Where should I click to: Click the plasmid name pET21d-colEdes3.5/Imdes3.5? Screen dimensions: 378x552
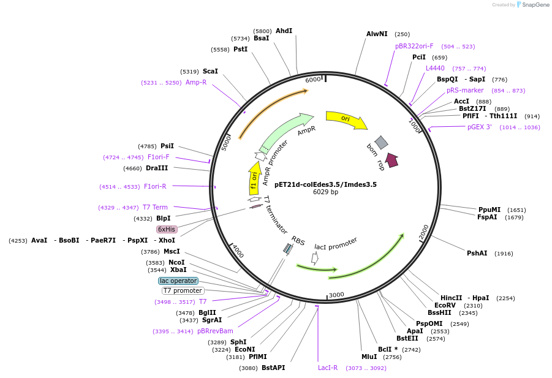(x=325, y=184)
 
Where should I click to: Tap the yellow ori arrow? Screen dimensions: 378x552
(x=346, y=119)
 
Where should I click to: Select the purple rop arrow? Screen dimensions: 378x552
(x=391, y=160)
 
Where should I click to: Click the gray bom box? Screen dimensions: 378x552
(x=381, y=143)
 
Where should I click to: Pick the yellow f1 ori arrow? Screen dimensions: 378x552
(x=254, y=178)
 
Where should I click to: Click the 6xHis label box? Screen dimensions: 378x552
(x=167, y=229)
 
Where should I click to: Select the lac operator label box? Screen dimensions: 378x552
(x=178, y=281)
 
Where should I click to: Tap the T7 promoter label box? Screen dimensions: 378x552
(x=183, y=290)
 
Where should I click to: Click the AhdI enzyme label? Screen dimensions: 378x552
(x=284, y=31)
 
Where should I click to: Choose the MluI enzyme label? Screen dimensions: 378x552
(x=369, y=357)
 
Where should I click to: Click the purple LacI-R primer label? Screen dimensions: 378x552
(x=328, y=368)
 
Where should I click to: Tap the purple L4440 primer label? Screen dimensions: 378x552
(x=436, y=68)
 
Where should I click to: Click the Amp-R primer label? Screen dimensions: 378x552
(x=196, y=82)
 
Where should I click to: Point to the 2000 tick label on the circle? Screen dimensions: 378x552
(x=423, y=232)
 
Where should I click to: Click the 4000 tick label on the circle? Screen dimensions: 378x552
(x=238, y=251)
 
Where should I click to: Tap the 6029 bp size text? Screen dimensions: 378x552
(x=325, y=192)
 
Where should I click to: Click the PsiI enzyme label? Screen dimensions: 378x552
(x=167, y=146)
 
